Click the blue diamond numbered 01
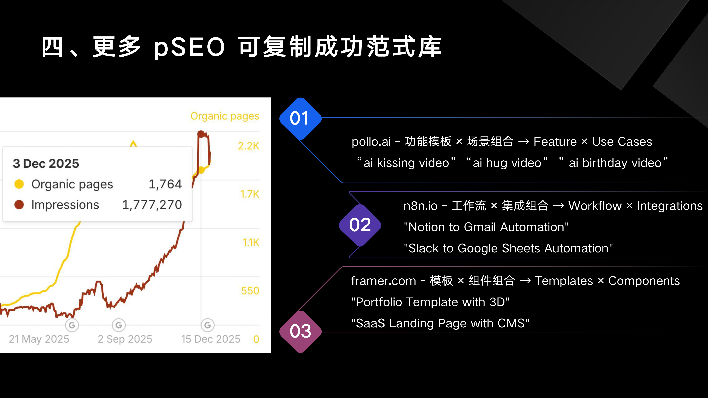click(x=300, y=118)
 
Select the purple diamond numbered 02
click(x=360, y=225)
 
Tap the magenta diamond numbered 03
click(x=300, y=331)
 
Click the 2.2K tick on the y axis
click(x=249, y=146)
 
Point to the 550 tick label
click(x=250, y=291)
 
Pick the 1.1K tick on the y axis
click(x=251, y=243)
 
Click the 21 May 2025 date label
click(x=39, y=339)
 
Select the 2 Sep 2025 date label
click(x=125, y=339)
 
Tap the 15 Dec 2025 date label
click(x=210, y=339)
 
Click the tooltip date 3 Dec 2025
click(x=46, y=163)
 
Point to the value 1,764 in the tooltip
click(x=165, y=184)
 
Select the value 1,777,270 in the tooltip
click(x=152, y=205)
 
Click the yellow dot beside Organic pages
click(x=19, y=184)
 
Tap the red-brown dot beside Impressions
click(x=19, y=205)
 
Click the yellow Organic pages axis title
click(x=225, y=116)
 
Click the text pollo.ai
click(x=371, y=142)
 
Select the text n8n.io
click(x=420, y=206)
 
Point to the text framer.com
click(x=383, y=281)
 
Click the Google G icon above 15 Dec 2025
click(x=207, y=325)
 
